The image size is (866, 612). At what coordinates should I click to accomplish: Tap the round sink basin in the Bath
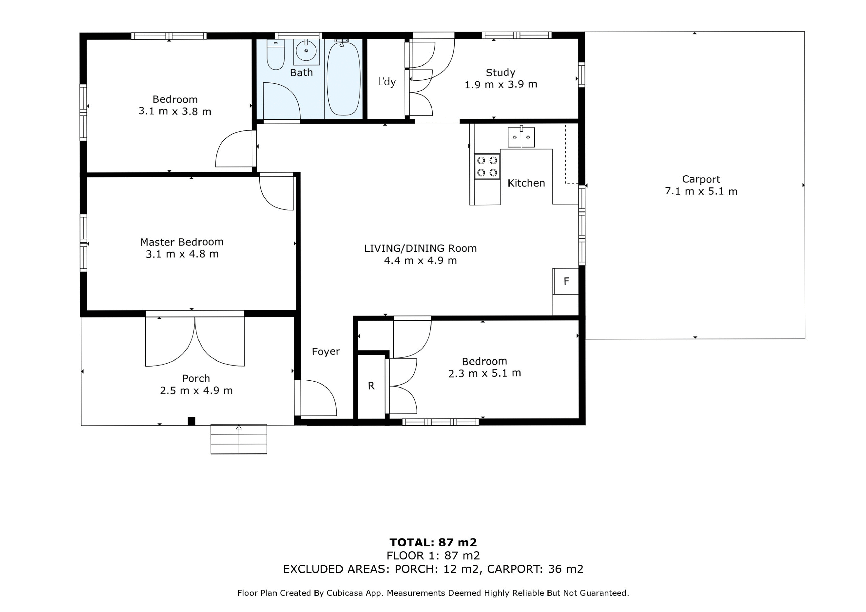[x=306, y=51]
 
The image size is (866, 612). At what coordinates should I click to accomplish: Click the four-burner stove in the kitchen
[x=487, y=166]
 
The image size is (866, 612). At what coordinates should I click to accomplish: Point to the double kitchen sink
[x=521, y=137]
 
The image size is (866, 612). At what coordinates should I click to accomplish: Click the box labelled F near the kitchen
[x=566, y=281]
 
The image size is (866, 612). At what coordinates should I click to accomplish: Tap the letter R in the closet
[x=371, y=386]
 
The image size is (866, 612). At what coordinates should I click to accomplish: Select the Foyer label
[x=326, y=352]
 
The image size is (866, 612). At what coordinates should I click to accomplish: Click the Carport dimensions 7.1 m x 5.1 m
[x=701, y=191]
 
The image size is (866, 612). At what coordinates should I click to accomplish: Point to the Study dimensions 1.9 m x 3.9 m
[x=500, y=84]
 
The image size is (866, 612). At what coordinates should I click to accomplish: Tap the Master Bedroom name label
[x=182, y=242]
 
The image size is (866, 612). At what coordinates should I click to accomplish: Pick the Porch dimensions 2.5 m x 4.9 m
[x=196, y=390]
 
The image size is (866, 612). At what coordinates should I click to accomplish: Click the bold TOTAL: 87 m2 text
[x=433, y=542]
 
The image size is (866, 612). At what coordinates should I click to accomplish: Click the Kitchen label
[x=526, y=183]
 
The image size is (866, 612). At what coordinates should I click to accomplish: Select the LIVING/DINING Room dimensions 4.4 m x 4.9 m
[x=420, y=260]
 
